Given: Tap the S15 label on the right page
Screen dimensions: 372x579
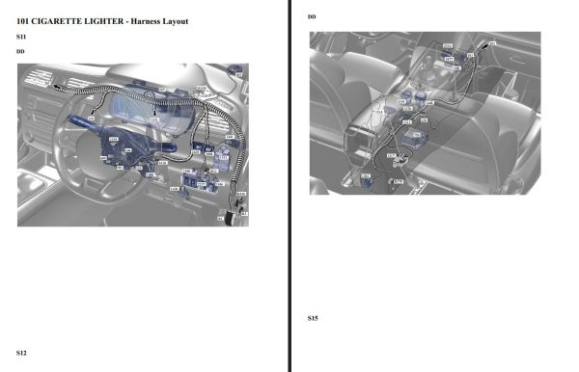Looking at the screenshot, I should click(x=313, y=318).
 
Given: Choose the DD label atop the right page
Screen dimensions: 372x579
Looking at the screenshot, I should click(x=312, y=17).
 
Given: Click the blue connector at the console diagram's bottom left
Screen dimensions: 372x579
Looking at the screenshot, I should click(x=366, y=177).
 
